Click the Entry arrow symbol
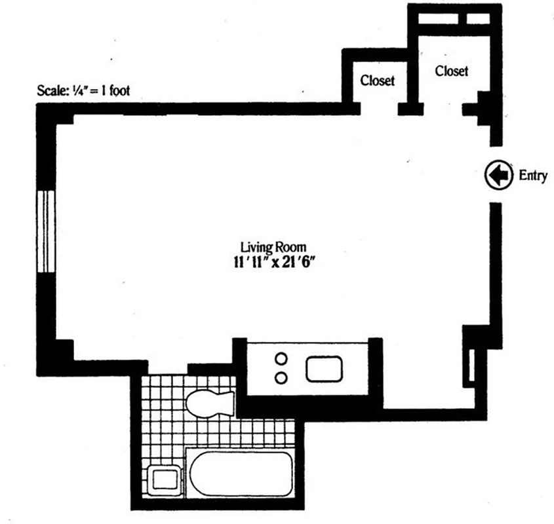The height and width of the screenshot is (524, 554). [x=498, y=175]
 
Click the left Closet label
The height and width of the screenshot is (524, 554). [x=378, y=81]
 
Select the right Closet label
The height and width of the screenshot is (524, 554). [x=452, y=71]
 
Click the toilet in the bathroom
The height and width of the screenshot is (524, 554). [x=209, y=401]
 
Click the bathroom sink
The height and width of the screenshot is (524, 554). [x=162, y=479]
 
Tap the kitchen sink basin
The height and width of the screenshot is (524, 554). [x=326, y=369]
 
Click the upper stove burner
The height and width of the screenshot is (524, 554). [x=281, y=359]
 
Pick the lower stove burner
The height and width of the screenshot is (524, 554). [x=281, y=377]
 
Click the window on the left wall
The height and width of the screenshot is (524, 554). [x=45, y=231]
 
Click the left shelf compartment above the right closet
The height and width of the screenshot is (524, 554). [x=441, y=17]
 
